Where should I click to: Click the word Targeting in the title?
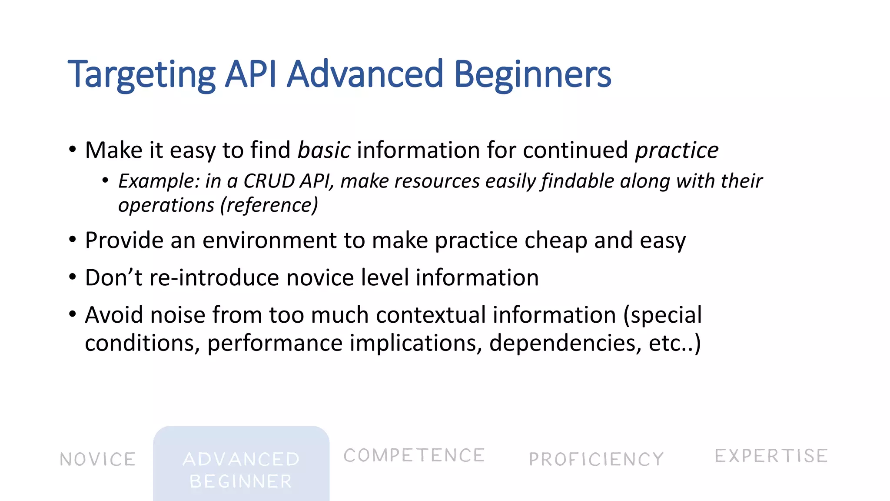point(142,75)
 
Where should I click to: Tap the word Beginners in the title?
point(532,75)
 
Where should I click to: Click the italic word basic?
point(324,150)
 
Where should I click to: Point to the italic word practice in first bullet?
point(677,150)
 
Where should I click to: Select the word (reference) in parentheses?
point(269,205)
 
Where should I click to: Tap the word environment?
point(269,240)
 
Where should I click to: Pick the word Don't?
point(113,278)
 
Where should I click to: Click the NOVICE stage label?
point(98,460)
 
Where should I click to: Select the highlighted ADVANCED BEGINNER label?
point(241,470)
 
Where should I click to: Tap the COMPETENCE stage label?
point(414,456)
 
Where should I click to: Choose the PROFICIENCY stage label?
point(596,459)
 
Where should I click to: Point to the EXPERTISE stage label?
point(771,456)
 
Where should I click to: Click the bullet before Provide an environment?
point(73,240)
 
